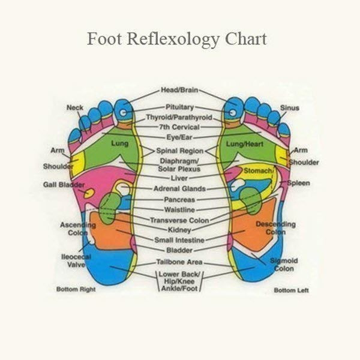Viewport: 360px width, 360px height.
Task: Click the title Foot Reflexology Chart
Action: tap(177, 39)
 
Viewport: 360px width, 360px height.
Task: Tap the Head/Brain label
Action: tap(179, 90)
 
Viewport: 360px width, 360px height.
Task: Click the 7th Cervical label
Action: tap(179, 127)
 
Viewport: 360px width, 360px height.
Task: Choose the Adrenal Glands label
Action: tap(181, 188)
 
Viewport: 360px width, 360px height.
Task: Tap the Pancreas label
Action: tap(180, 199)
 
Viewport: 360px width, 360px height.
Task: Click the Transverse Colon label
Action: tap(179, 220)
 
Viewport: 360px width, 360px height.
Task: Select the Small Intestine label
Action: tap(180, 240)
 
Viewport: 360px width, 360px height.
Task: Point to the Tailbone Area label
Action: tap(179, 262)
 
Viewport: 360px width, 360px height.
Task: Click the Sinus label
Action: tap(289, 108)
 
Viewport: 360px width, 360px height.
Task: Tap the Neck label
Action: tap(75, 107)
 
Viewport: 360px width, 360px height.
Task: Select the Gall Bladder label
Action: tap(63, 184)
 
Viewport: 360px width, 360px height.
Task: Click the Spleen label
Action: tap(299, 182)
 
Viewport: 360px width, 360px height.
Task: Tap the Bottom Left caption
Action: tap(291, 290)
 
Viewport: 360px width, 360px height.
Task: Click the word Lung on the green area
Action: tap(119, 143)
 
